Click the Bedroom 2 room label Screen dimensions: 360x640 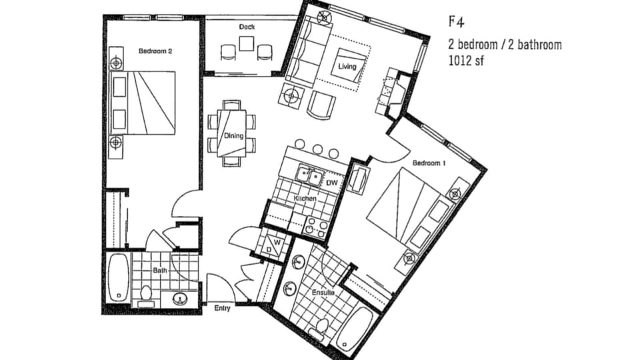pos(155,51)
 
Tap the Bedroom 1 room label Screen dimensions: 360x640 pos(429,163)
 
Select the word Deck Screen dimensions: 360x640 pos(247,27)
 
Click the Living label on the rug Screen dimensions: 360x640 pos(347,67)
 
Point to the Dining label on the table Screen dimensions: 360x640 pos(233,136)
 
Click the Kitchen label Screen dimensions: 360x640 pos(303,199)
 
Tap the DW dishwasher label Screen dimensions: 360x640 pos(332,182)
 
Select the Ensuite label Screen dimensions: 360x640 pos(323,292)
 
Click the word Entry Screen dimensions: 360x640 pos(223,308)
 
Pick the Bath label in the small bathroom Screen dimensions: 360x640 pos(160,271)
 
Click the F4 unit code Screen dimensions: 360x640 pos(456,21)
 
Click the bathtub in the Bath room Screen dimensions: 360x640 pos(119,277)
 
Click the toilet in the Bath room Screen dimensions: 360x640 pos(146,293)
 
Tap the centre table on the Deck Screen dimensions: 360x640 pos(247,43)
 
